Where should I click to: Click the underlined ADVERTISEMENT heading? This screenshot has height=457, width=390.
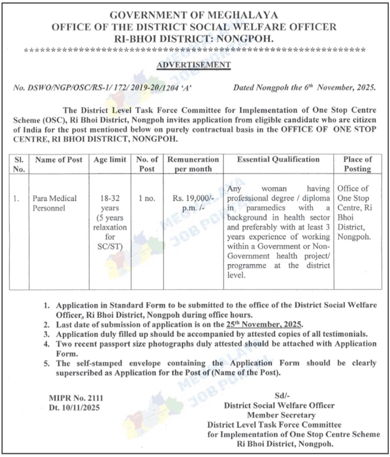[193, 65]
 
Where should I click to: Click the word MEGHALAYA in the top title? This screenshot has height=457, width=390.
[242, 15]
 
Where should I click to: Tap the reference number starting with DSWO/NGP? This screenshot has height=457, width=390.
[102, 88]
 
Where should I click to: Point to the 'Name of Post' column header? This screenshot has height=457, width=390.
[59, 160]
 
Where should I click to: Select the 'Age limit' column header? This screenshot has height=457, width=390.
[110, 160]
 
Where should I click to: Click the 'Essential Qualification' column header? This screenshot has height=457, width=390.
[278, 159]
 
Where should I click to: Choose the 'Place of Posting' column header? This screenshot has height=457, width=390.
[357, 164]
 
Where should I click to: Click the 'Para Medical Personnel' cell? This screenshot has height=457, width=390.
[54, 203]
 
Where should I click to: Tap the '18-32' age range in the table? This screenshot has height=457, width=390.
[110, 198]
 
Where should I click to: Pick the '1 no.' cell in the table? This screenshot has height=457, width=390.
[147, 198]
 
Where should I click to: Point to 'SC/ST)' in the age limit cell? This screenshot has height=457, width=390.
[110, 247]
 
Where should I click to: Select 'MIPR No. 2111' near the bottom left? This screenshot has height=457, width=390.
[76, 398]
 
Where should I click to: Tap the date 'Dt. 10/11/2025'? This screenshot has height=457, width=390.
[74, 408]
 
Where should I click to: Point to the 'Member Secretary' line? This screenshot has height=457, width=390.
[281, 415]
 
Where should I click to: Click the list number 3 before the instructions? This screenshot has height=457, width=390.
[47, 334]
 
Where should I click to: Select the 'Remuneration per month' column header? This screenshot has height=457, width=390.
[193, 164]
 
